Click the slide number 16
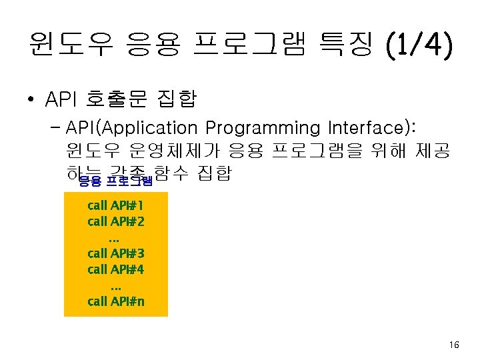[454, 345]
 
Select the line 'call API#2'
[116, 221]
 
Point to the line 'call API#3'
[116, 253]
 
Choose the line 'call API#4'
[116, 269]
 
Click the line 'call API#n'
[116, 301]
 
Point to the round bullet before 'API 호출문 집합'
[31, 101]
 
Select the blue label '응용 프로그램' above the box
[115, 181]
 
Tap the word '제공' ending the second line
[434, 151]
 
